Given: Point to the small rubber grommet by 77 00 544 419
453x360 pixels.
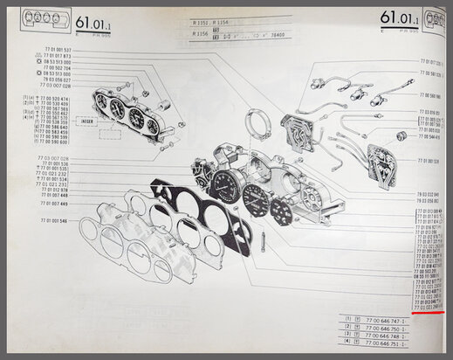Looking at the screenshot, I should click(404, 136).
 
